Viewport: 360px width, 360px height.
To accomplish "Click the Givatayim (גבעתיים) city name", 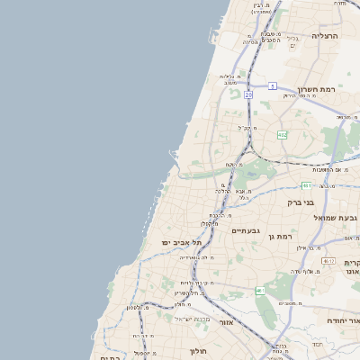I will coord(246,231).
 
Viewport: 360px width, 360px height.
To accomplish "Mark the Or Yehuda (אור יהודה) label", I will coord(343,320).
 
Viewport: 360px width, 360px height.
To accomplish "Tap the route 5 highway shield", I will coord(272,86).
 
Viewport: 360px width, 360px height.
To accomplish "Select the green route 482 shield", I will coord(283,135).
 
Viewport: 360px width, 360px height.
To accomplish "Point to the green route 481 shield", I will coord(307,185).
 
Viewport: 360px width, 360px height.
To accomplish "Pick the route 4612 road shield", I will coord(328,260).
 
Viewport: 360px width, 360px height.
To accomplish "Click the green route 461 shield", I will coord(259,291).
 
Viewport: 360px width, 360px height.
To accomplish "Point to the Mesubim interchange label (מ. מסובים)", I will coord(291,303).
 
